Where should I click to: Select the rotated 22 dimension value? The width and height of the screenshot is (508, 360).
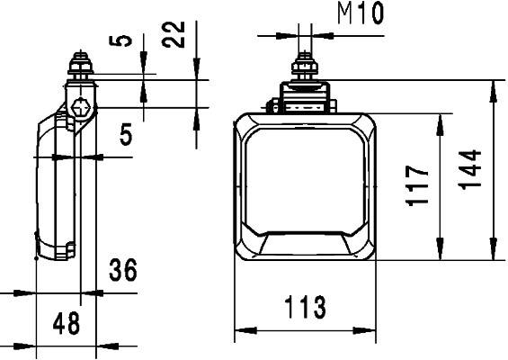[x=178, y=35]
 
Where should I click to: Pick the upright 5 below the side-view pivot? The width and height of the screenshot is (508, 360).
[x=126, y=135]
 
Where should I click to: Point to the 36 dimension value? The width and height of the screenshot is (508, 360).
[x=122, y=270]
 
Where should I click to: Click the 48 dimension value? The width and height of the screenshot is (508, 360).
[x=65, y=323]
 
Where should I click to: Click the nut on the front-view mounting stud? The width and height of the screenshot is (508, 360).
[x=306, y=69]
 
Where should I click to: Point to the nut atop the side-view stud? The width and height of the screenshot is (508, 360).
[x=79, y=67]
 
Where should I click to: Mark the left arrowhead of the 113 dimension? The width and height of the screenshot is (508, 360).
[x=240, y=332]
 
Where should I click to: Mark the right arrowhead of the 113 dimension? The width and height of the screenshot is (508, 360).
[x=371, y=332]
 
